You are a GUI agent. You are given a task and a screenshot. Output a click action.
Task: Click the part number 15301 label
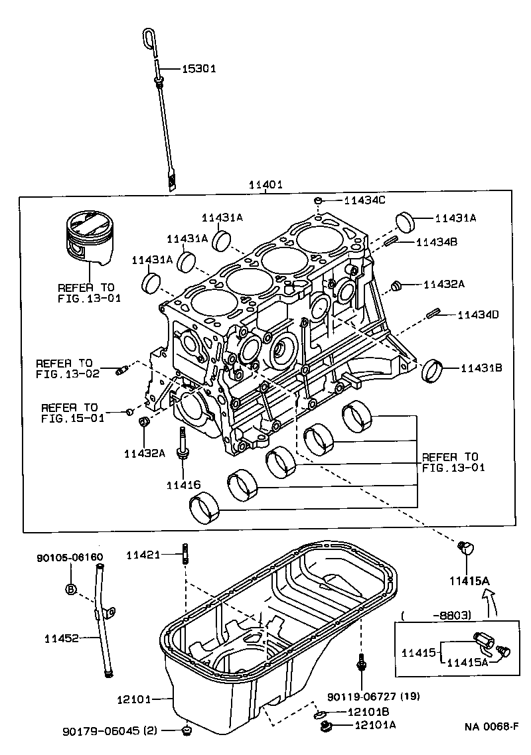[x=198, y=68]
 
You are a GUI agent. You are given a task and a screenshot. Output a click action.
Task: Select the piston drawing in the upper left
[x=88, y=239]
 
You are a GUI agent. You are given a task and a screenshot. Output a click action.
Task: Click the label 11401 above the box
[x=265, y=185]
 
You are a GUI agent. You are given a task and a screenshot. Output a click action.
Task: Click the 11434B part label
[x=437, y=242]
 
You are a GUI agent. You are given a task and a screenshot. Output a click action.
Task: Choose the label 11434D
[x=478, y=314]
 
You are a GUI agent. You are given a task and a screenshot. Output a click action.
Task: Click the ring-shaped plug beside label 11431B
[x=432, y=369]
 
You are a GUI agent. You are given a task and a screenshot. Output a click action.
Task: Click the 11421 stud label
[x=143, y=554]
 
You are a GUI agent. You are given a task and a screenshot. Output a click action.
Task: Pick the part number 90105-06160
[x=70, y=558]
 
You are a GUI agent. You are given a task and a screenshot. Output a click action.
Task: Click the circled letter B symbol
[x=71, y=588]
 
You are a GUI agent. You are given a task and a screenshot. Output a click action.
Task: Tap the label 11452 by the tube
[x=62, y=639]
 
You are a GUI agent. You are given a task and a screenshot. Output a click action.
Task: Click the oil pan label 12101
[x=134, y=699]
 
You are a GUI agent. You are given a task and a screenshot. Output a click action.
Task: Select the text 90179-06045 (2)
[x=110, y=731]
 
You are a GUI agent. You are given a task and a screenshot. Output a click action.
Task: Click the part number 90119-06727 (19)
[x=374, y=696]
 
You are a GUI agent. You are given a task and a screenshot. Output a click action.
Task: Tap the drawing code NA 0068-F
[x=491, y=727]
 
